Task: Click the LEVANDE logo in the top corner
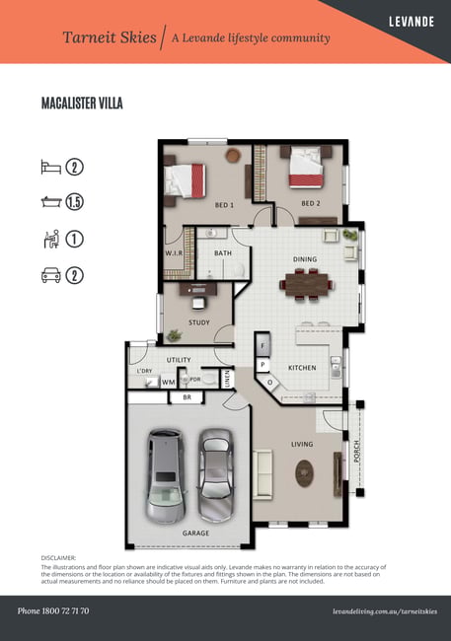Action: [x=412, y=22]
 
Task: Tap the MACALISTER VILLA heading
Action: [x=82, y=103]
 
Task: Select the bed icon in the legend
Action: [x=51, y=168]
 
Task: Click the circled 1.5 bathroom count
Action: [x=74, y=202]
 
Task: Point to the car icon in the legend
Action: [x=51, y=275]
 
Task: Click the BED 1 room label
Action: [x=224, y=205]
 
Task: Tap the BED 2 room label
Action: [x=311, y=203]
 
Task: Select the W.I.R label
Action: [x=174, y=253]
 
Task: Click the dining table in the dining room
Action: [x=307, y=284]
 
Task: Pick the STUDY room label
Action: [x=199, y=322]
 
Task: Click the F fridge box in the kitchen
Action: [x=263, y=346]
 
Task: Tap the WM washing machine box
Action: [x=168, y=382]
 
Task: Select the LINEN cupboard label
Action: [x=228, y=379]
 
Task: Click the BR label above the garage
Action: [x=187, y=397]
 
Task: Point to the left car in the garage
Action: [x=166, y=476]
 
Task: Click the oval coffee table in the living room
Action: [x=305, y=473]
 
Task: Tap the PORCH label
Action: [x=356, y=452]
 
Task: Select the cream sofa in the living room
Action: [x=262, y=474]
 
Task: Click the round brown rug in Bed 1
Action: [x=233, y=155]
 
